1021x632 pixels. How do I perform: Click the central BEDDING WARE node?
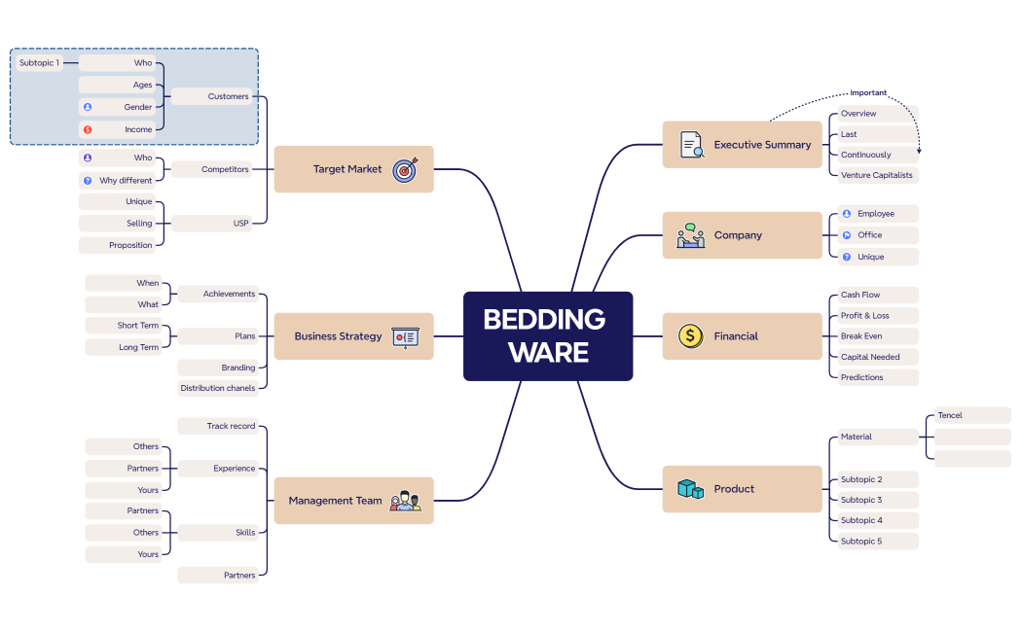[x=547, y=335]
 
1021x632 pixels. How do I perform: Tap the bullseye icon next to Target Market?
[x=405, y=169]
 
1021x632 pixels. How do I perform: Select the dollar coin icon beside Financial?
[x=690, y=336]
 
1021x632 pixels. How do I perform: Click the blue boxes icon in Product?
[x=690, y=489]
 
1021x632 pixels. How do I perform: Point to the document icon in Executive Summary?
[x=691, y=145]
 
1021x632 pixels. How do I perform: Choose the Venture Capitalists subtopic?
[x=877, y=176]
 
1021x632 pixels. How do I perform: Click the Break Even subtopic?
[x=861, y=336]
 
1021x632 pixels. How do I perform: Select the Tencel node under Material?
[x=950, y=416]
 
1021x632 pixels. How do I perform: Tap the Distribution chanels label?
[x=218, y=388]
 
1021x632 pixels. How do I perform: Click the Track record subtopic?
[x=231, y=426]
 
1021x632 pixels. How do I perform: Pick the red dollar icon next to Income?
[x=88, y=129]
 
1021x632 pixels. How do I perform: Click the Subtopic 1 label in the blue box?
[x=39, y=63]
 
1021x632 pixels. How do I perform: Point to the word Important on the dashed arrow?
[x=868, y=93]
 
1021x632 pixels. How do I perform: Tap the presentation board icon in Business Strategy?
[x=405, y=336]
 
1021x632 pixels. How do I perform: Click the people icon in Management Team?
[x=405, y=501]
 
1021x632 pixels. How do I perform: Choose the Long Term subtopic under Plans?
[x=138, y=347]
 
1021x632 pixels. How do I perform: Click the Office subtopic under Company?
[x=870, y=235]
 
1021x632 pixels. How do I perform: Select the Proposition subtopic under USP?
[x=130, y=245]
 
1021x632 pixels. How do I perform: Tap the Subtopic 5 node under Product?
[x=861, y=542]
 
